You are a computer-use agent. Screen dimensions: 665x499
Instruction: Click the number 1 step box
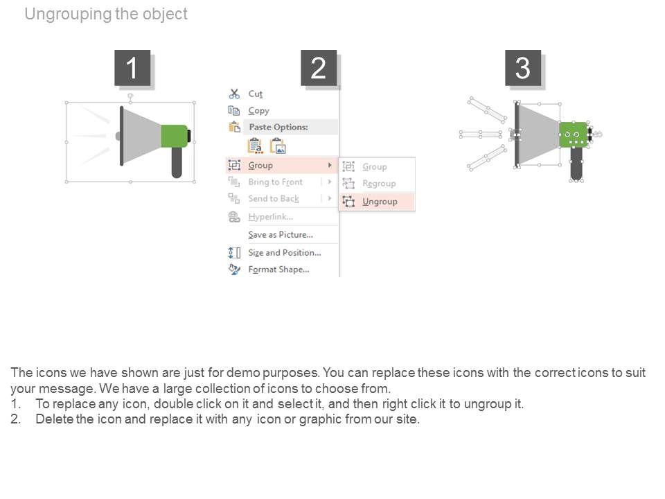coord(132,68)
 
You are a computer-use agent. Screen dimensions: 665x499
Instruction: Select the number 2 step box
coord(319,68)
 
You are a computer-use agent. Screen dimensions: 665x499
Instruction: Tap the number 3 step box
coord(523,68)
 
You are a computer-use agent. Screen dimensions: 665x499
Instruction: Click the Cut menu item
coord(255,94)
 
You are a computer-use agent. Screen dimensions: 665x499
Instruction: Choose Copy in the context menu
coord(258,110)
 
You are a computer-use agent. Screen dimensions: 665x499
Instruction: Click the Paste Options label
coord(278,127)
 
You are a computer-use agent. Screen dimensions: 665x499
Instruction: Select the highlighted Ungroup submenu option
coord(380,201)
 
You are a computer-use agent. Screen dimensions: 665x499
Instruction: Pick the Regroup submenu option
coord(379,184)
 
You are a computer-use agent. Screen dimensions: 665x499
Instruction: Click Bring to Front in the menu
coord(275,182)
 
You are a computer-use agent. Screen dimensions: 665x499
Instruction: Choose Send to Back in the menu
coord(274,198)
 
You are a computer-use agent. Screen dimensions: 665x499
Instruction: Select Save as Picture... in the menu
coord(280,234)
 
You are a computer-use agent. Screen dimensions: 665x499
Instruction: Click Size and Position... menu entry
coord(284,252)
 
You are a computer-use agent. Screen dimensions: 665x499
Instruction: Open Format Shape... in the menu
coord(278,269)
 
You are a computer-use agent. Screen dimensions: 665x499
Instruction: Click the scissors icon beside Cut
coord(234,94)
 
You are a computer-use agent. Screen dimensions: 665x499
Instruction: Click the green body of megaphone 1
coord(173,136)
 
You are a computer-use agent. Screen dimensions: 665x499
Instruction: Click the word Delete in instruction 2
coord(54,419)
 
